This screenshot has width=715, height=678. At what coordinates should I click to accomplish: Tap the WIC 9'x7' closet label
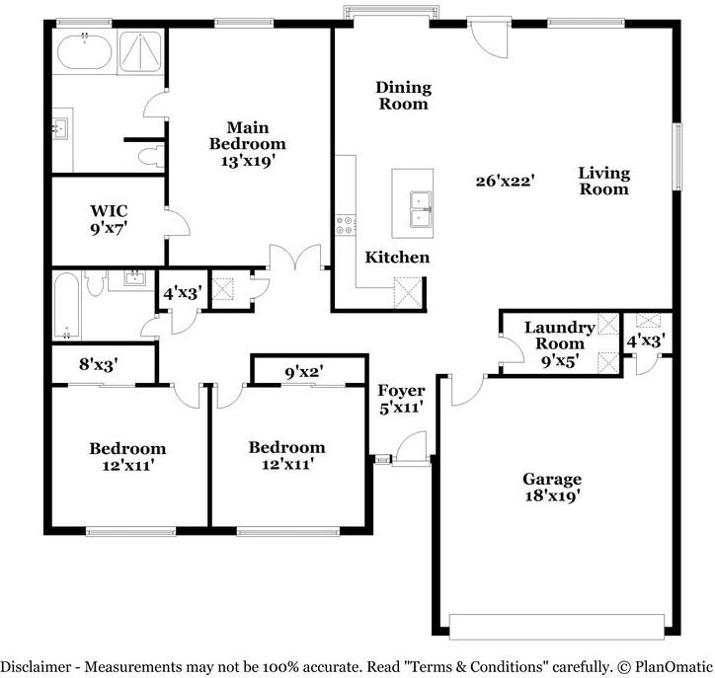click(109, 220)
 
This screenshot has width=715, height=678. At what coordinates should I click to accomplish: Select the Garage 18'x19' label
click(552, 488)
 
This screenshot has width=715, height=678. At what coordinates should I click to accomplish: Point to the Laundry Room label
click(560, 336)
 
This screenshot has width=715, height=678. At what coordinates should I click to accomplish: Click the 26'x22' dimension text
click(505, 182)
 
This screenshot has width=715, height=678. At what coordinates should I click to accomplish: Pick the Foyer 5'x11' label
click(401, 399)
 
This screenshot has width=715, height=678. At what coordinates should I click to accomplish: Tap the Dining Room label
click(404, 96)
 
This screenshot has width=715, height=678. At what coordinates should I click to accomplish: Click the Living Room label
click(604, 181)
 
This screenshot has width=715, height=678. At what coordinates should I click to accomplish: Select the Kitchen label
click(397, 258)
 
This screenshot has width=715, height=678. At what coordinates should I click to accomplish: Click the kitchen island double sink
click(421, 209)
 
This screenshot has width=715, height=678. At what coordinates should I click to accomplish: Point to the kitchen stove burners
click(346, 225)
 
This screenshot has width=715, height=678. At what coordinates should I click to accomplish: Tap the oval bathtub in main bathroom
click(84, 51)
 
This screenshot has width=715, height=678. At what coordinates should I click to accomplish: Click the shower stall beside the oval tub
click(140, 51)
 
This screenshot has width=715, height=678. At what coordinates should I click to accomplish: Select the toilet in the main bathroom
click(151, 156)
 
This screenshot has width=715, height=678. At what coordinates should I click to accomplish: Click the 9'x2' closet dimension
click(304, 372)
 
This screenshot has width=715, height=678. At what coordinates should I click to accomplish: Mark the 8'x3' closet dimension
click(99, 364)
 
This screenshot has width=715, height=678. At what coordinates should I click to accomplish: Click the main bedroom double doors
click(295, 257)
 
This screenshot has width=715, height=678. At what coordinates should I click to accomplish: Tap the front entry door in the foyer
click(411, 449)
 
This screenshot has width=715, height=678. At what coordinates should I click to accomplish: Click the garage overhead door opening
click(557, 627)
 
